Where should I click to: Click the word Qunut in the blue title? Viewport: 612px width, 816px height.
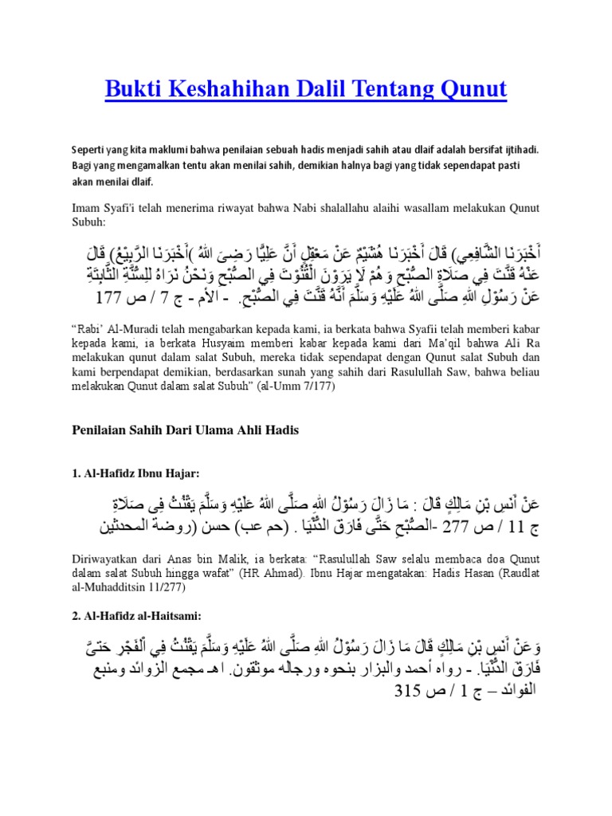(x=475, y=89)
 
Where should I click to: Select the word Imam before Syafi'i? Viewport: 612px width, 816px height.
(x=87, y=208)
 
